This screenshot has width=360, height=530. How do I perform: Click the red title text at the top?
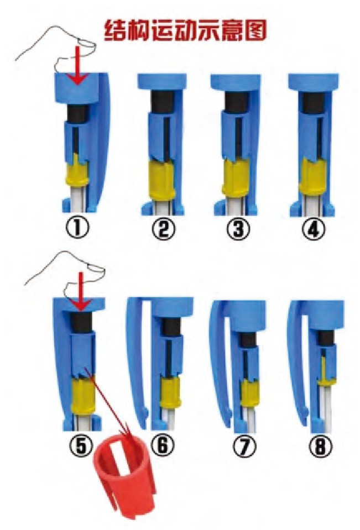185,30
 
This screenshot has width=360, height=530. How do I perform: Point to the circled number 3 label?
238,229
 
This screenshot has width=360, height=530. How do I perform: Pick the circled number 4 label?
314,229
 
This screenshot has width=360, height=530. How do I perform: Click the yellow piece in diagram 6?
170,392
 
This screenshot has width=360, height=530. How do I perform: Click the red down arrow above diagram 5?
81,292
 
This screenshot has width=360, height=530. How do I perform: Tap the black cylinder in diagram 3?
235,101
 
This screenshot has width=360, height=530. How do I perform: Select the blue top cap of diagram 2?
162,82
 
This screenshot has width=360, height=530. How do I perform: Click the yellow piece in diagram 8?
326,372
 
